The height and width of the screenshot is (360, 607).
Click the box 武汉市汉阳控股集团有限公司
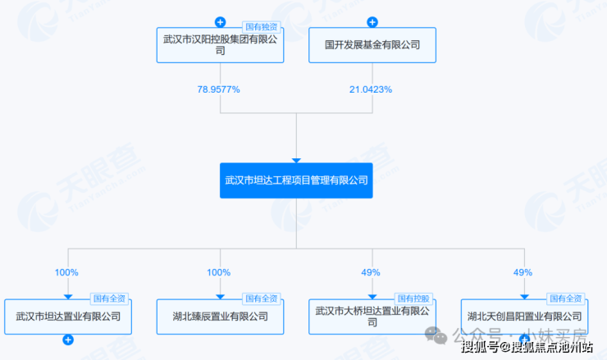[220, 45]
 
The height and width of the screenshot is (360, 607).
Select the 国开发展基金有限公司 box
[372, 45]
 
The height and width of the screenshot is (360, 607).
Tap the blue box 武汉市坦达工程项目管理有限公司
[296, 180]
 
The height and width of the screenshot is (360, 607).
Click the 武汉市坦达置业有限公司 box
[68, 316]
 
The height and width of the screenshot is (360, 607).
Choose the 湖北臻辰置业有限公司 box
[220, 316]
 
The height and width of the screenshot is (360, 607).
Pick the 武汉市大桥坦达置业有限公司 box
[372, 316]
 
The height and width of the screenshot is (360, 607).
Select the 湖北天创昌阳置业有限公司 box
[524, 316]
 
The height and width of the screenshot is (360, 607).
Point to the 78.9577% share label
[219, 89]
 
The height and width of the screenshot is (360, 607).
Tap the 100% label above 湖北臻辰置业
[219, 272]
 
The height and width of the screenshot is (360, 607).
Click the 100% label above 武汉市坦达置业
[66, 272]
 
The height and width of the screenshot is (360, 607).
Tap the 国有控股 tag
[414, 298]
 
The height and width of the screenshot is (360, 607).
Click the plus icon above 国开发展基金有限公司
[372, 22]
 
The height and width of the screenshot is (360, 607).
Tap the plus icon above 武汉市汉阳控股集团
[220, 22]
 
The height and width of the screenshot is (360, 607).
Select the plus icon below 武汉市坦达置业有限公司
[68, 339]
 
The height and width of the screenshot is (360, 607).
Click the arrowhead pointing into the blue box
[296, 160]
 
